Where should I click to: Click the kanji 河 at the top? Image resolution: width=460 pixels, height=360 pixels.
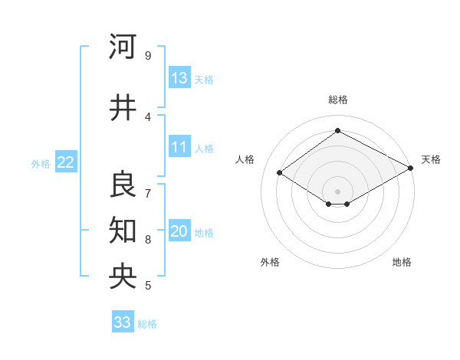pos(123,47)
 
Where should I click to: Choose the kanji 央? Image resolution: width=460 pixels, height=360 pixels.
pos(123,276)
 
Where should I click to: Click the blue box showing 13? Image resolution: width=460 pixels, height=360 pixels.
pos(179,78)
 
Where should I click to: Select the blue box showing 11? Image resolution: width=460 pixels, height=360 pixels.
pos(179,148)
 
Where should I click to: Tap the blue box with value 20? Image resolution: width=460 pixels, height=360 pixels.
pos(179,232)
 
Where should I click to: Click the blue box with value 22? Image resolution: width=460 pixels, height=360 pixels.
pos(65,162)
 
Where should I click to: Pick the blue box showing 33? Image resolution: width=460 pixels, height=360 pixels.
pos(123,322)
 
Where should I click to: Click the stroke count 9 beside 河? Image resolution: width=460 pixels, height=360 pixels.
pos(147,56)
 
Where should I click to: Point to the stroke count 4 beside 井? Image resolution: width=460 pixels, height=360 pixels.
pos(147,117)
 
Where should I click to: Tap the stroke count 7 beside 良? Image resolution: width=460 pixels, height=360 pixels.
pos(147,192)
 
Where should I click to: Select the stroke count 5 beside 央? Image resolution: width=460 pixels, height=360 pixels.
pos(147,286)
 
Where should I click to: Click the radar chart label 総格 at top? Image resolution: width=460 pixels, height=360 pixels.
pos(337,100)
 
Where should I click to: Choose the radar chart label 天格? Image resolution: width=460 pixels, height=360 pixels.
pos(431,159)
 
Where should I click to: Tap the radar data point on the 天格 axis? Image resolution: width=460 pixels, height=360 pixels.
pos(411,168)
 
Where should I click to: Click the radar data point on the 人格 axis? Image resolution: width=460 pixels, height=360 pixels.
pos(280,172)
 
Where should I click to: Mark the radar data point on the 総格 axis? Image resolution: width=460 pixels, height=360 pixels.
pos(337,131)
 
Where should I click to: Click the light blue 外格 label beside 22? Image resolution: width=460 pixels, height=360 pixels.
pos(41,163)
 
